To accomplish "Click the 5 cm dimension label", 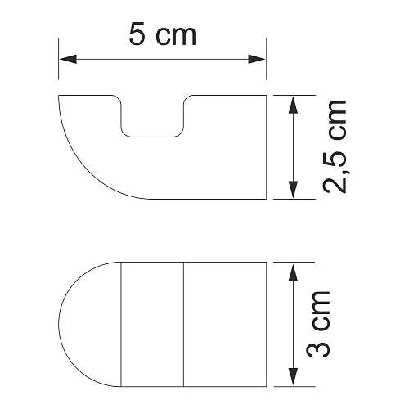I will [162, 34].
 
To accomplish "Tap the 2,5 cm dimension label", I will [334, 147].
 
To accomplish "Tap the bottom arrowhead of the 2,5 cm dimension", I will [293, 192].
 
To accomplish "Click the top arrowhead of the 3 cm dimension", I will [293, 269].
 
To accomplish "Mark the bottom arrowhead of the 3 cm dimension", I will [293, 377].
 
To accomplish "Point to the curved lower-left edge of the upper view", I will [86, 168].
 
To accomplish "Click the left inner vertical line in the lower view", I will [121, 323].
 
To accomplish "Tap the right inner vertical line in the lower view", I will [183, 323].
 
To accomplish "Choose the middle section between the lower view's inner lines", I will [152, 323].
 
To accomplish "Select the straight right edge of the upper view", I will [267, 147].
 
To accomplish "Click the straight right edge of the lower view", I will [267, 323].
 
